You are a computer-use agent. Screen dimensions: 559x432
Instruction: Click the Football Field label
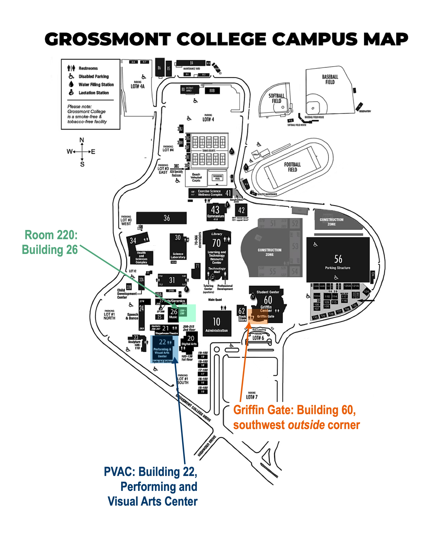292,167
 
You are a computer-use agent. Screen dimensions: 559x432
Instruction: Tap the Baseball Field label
330,79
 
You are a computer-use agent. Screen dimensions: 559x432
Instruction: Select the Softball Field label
276,98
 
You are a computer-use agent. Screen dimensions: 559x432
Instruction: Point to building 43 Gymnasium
215,211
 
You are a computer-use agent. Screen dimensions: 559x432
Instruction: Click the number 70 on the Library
216,243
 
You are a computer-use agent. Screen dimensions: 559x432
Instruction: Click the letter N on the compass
82,140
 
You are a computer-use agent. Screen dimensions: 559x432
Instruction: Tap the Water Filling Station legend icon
71,84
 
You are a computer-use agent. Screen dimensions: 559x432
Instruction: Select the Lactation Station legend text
94,93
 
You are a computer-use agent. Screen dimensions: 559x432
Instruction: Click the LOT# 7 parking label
252,397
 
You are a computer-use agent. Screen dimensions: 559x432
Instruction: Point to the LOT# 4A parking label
138,86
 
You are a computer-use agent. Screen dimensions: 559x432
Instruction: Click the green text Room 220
51,235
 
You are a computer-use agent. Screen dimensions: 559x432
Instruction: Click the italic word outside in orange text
306,425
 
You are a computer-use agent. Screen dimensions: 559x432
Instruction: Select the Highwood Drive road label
207,446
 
